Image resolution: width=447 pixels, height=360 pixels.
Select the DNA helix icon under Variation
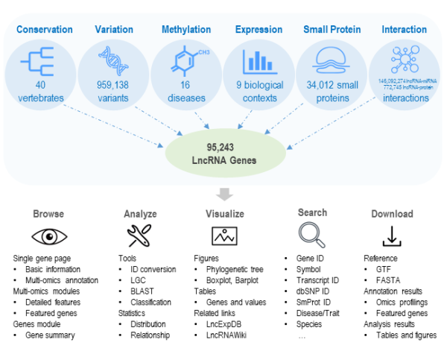(113, 58)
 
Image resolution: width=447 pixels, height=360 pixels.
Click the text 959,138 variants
(113, 91)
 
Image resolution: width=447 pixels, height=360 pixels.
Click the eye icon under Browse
(48, 236)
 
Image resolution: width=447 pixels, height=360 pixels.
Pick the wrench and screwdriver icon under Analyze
(139, 236)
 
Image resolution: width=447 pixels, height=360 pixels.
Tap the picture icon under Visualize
(224, 236)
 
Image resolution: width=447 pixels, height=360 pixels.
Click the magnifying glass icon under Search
(312, 236)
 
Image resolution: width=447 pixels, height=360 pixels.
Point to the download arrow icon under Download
(392, 236)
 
